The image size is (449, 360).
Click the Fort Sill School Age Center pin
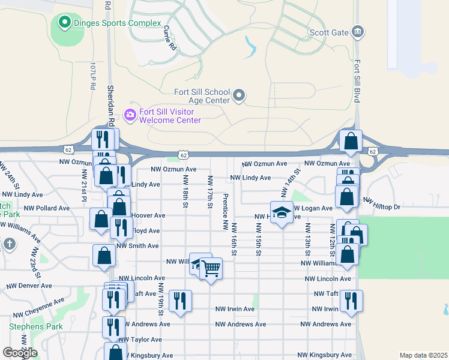click(239, 95)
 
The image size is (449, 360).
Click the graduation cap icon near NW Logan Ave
click(280, 213)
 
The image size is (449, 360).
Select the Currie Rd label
click(170, 38)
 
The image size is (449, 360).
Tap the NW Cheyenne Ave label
click(39, 307)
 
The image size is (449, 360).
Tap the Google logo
click(20, 353)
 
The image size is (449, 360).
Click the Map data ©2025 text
click(423, 355)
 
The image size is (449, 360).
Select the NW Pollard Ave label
click(48, 208)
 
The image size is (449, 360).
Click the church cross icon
click(8, 244)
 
